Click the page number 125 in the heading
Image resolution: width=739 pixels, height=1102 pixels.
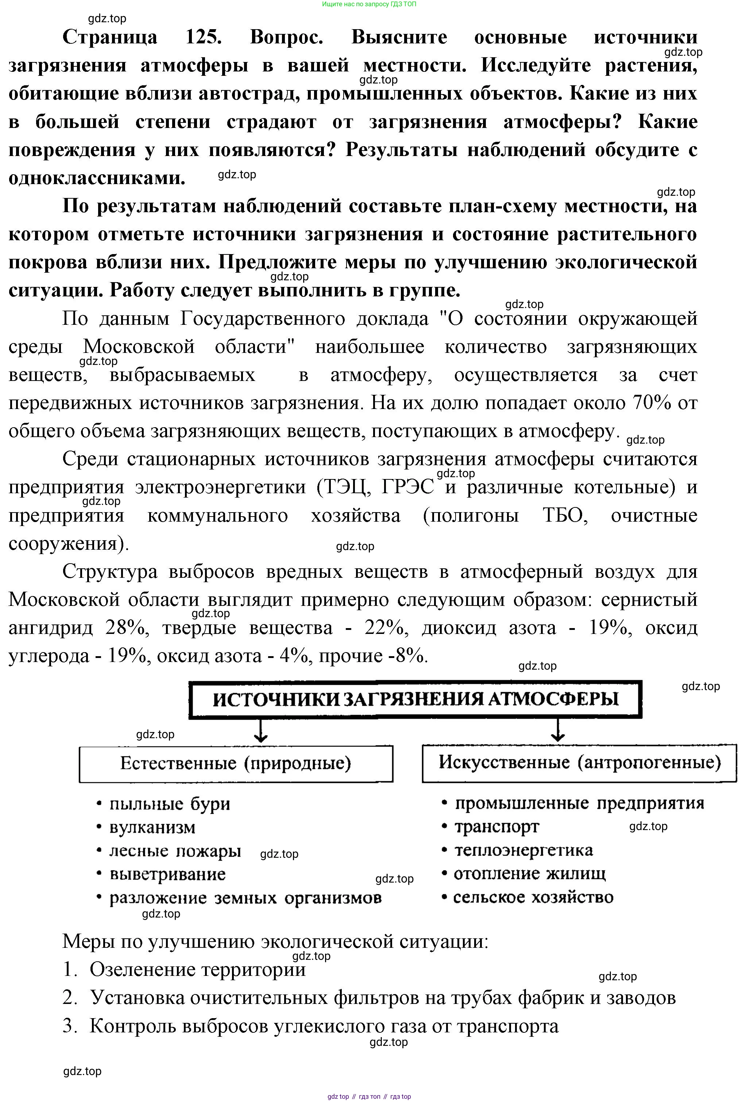(203, 37)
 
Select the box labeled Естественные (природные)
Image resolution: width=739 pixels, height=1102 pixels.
(236, 763)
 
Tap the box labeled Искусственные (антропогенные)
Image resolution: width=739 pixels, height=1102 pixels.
(579, 763)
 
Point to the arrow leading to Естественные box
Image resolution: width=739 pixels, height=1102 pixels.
(261, 731)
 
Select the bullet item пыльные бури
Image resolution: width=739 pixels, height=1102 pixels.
(170, 803)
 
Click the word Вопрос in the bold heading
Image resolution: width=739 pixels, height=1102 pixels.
(286, 37)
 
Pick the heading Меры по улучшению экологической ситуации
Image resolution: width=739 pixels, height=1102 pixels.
(275, 941)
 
